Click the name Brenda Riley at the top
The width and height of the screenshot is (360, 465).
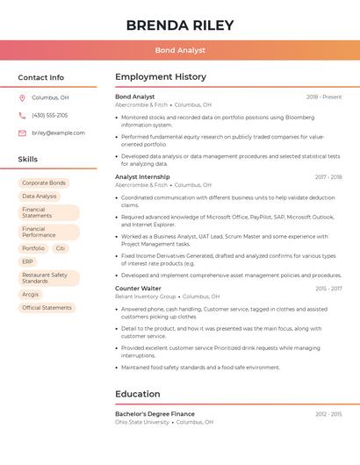click(180, 25)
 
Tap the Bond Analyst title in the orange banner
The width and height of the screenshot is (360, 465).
click(180, 50)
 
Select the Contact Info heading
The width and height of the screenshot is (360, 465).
click(40, 77)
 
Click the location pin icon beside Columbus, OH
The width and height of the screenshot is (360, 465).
click(22, 97)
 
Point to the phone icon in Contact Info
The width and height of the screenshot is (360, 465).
click(22, 115)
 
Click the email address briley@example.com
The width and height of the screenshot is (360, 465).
click(58, 133)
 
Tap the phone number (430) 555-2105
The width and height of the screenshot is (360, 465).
click(50, 115)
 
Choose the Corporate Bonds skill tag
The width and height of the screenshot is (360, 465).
click(44, 182)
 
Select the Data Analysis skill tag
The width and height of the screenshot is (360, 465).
click(40, 196)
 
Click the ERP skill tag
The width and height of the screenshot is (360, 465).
click(28, 261)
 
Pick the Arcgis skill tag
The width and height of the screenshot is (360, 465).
click(31, 295)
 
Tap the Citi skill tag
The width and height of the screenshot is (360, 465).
click(60, 248)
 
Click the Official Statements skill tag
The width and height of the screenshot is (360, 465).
click(47, 308)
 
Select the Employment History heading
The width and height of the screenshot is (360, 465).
click(161, 77)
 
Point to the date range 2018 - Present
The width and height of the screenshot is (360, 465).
click(324, 97)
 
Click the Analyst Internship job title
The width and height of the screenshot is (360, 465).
click(142, 176)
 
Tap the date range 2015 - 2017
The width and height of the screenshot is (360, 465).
click(328, 289)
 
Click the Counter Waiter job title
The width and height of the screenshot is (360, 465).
click(138, 288)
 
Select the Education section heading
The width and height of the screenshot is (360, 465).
click(138, 394)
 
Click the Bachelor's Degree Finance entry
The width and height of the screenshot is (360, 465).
click(155, 413)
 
